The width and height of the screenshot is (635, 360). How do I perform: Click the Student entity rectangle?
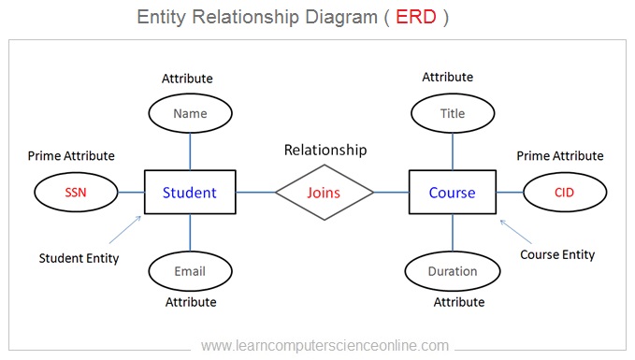pos(190,193)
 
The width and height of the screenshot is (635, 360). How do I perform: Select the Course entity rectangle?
pos(453,193)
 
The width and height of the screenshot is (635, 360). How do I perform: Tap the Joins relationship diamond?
pos(325,193)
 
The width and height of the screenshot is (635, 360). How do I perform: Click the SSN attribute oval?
pos(75,193)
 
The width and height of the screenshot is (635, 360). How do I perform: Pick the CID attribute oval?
pos(563,193)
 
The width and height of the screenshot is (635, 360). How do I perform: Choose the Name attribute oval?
pos(190,114)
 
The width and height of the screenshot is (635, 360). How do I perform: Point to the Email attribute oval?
pos(190,271)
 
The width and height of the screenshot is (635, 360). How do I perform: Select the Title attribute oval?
pos(453,114)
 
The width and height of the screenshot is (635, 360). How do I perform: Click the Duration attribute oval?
pos(453,271)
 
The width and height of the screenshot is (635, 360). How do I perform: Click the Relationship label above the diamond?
pos(325,150)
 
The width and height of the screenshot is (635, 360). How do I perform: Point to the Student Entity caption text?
pos(79,258)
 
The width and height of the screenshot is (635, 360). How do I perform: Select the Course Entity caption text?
pos(557,254)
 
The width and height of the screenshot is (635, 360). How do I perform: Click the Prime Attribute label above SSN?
pos(71,156)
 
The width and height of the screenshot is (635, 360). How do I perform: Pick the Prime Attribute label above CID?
pos(560,156)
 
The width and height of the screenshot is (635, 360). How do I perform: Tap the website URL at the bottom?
pos(325,345)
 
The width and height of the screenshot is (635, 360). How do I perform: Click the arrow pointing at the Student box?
pos(124,230)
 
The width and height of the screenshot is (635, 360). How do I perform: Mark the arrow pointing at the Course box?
pos(515,230)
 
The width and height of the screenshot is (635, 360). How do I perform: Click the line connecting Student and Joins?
pos(255,193)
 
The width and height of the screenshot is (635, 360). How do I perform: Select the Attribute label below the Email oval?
pos(191,302)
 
